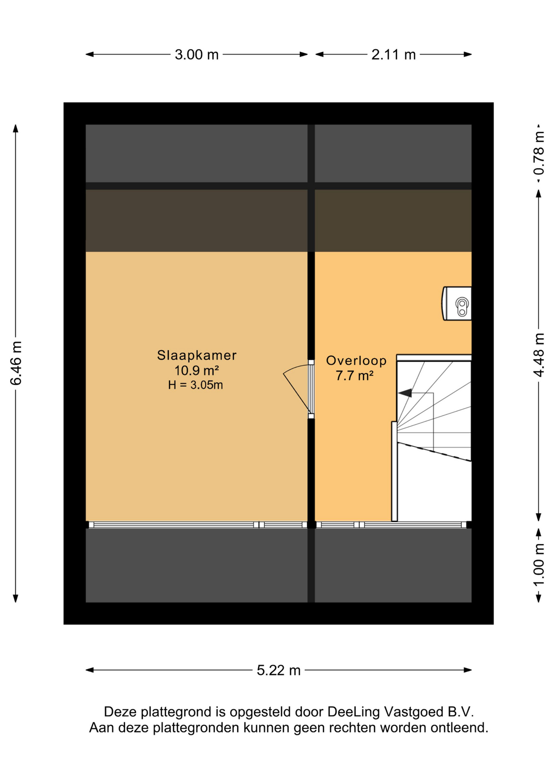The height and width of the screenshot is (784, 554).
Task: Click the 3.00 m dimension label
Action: pyautogui.click(x=197, y=55)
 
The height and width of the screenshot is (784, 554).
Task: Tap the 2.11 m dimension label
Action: pyautogui.click(x=393, y=55)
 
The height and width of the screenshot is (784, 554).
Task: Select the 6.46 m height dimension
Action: pyautogui.click(x=16, y=363)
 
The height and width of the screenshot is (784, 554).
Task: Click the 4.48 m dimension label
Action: pyautogui.click(x=539, y=355)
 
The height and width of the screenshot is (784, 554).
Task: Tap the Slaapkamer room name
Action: pyautogui.click(x=197, y=355)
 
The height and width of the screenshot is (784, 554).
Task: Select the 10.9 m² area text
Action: pyautogui.click(x=197, y=370)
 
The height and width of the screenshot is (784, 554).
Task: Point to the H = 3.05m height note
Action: pyautogui.click(x=195, y=385)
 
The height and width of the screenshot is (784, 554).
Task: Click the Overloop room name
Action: pyautogui.click(x=356, y=361)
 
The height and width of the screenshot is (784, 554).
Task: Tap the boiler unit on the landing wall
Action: pyautogui.click(x=457, y=303)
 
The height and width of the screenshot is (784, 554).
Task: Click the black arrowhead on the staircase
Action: pyautogui.click(x=405, y=393)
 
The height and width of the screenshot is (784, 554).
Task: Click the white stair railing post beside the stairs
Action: pyautogui.click(x=394, y=471)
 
